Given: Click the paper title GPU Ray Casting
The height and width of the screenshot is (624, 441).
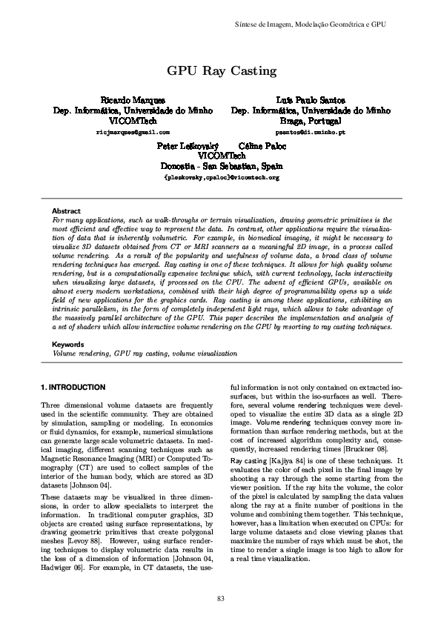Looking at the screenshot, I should pyautogui.click(x=222, y=71).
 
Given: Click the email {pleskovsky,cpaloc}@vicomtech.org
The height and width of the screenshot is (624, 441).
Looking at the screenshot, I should pyautogui.click(x=222, y=179).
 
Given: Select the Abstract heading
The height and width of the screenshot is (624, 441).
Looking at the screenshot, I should pyautogui.click(x=67, y=211).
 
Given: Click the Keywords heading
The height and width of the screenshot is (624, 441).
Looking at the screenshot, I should pyautogui.click(x=69, y=345).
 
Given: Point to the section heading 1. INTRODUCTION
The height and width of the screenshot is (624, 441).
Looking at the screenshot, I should pyautogui.click(x=73, y=388).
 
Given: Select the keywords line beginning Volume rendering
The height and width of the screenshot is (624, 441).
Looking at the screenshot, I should pyautogui.click(x=145, y=354).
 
